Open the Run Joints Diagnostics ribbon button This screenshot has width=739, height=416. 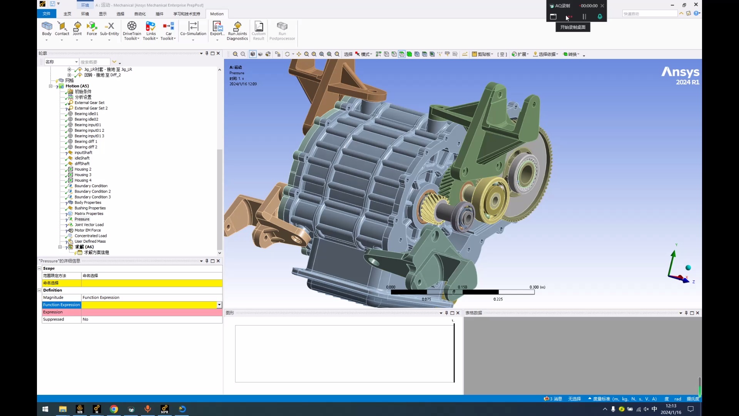237,31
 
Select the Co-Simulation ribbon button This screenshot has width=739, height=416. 193,29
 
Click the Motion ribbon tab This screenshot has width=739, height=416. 217,14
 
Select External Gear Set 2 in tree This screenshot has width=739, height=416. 91,108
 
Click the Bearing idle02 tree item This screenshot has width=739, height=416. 86,119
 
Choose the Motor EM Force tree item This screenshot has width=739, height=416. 87,230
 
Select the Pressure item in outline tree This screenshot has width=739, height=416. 82,219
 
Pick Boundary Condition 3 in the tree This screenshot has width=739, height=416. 92,197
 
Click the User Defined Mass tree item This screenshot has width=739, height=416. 90,242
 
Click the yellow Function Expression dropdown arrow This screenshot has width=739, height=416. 219,305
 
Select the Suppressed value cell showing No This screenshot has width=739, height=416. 151,319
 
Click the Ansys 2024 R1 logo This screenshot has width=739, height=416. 680,75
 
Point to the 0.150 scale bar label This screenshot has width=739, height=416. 462,287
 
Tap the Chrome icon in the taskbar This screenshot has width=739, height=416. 114,409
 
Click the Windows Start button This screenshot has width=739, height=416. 45,409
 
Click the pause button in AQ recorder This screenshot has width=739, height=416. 584,17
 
